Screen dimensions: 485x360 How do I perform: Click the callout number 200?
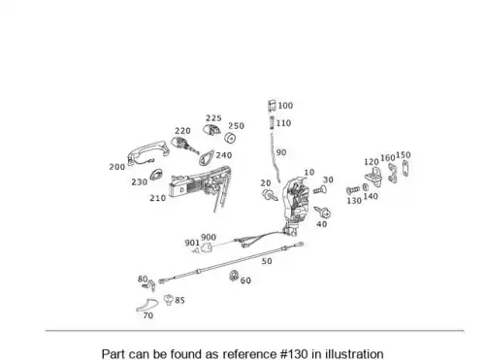click(117, 167)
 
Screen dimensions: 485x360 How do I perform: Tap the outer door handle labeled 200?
click(147, 150)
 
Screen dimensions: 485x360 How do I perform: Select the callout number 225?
click(213, 118)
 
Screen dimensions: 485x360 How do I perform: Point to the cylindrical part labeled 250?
click(230, 138)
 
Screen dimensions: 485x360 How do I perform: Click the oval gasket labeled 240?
click(206, 157)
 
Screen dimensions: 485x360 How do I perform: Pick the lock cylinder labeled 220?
click(184, 146)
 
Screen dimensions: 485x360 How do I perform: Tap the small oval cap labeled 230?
click(156, 175)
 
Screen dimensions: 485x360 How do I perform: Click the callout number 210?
click(158, 198)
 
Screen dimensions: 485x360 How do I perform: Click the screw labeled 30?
click(319, 190)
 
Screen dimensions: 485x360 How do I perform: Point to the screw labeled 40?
click(322, 213)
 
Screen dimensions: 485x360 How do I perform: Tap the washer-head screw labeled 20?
click(270, 195)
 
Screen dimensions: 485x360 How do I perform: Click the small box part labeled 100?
click(272, 106)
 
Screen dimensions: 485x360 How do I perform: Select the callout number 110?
click(283, 123)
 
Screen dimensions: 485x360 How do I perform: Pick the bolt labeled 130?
click(353, 190)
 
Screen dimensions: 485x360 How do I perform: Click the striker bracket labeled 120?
click(372, 177)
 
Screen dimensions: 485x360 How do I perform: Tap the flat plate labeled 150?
click(405, 168)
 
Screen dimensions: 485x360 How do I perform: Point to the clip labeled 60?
click(234, 276)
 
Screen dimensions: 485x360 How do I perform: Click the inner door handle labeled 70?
click(147, 305)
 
